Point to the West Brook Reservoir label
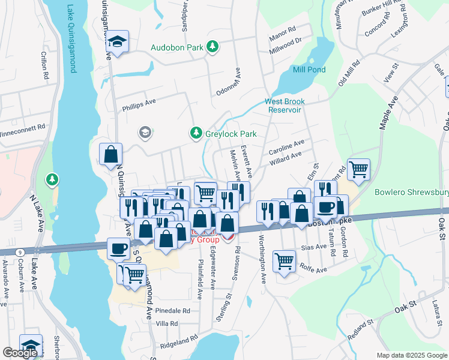[x=283, y=106]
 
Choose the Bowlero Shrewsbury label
[x=411, y=193]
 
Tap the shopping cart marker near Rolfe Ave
[x=285, y=260]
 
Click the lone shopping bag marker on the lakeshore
[x=111, y=154]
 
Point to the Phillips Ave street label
[x=139, y=102]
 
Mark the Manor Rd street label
[x=283, y=29]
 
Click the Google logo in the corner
[x=20, y=353]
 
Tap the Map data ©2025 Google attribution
[x=411, y=355]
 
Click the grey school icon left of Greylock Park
[x=144, y=132]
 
